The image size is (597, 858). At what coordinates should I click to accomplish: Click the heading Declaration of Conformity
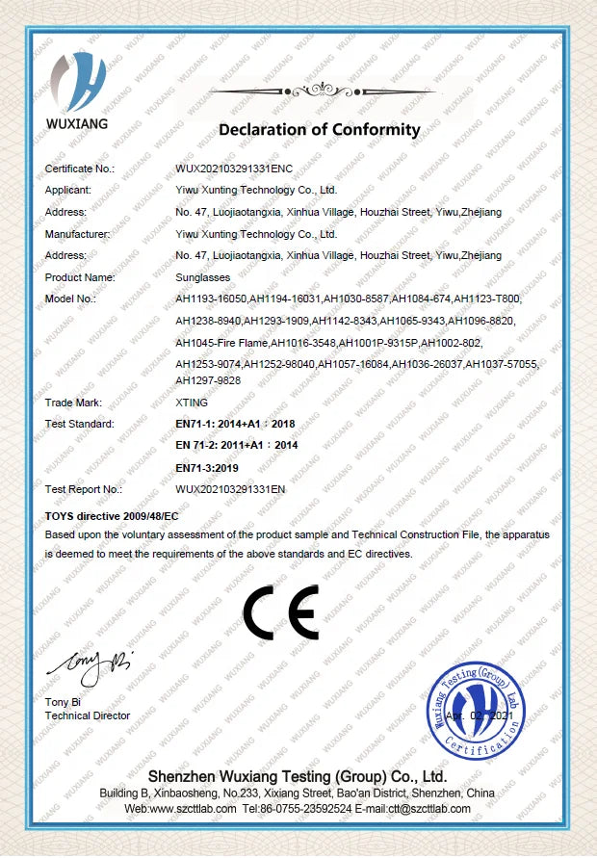(320, 130)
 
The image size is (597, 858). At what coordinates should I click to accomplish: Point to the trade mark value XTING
(192, 403)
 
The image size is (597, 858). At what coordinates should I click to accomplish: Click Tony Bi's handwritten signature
(88, 665)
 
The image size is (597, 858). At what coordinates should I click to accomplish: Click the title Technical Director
(88, 715)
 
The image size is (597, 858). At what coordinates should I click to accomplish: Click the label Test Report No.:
(84, 489)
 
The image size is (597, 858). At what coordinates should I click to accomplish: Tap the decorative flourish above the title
(319, 91)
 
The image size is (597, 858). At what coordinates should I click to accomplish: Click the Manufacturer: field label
(78, 234)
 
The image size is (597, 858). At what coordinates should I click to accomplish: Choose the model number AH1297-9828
(208, 380)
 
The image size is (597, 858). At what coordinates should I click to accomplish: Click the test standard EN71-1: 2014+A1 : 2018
(236, 424)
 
